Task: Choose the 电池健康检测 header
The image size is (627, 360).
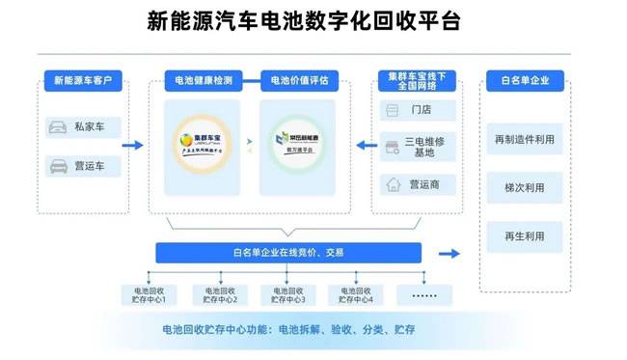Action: [197, 80]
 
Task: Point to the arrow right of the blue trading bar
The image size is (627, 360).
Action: [449, 254]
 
